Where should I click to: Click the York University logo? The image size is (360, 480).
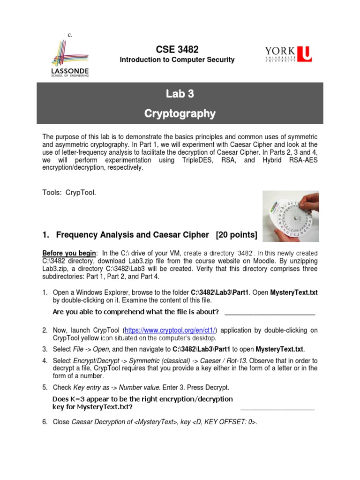[287, 53]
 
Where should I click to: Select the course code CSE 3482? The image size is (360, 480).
[177, 49]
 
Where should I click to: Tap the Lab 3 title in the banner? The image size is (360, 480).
[180, 94]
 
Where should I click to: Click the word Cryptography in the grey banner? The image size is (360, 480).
[180, 113]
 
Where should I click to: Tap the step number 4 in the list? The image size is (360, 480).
[45, 361]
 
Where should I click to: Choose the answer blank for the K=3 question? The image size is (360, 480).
[277, 408]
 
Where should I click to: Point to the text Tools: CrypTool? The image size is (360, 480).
[69, 193]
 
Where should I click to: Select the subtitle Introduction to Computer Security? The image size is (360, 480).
[177, 60]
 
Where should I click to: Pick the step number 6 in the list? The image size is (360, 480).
[45, 422]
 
